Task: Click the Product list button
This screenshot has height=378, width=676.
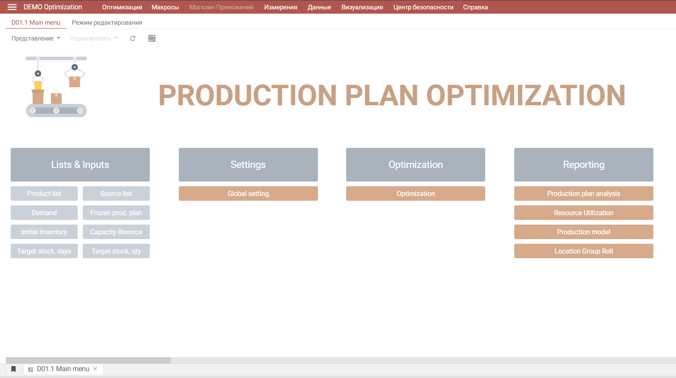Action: click(44, 193)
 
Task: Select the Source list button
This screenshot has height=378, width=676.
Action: click(116, 193)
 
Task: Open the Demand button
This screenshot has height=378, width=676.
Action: click(44, 213)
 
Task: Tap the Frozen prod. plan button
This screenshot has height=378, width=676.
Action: click(116, 213)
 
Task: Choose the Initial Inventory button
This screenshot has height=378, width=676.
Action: click(44, 232)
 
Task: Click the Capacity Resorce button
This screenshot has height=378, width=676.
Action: click(116, 232)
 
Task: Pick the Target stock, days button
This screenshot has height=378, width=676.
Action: click(44, 251)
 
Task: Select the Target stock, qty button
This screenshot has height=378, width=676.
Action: click(116, 251)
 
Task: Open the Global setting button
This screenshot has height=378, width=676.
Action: click(248, 193)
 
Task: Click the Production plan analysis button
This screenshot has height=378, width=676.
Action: click(584, 193)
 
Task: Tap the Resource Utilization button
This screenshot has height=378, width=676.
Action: click(584, 213)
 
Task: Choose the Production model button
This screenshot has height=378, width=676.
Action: click(584, 232)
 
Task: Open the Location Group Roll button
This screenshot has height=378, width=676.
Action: click(584, 251)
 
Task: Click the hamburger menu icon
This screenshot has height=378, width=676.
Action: click(12, 7)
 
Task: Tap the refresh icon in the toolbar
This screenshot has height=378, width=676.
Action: click(132, 38)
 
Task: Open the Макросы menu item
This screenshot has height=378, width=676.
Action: click(165, 7)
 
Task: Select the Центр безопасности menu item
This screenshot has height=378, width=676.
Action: click(423, 7)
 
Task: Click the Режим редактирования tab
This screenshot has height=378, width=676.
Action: click(107, 23)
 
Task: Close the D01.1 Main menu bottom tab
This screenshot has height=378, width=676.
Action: click(95, 369)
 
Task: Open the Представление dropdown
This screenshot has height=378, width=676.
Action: click(36, 38)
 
